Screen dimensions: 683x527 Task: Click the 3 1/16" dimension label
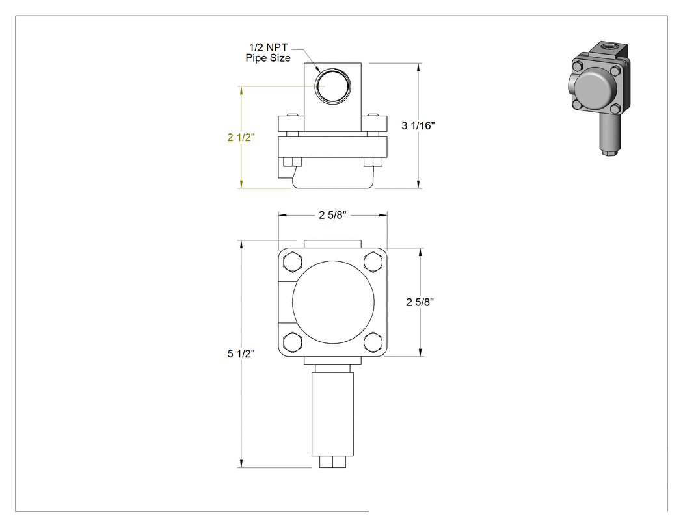pyautogui.click(x=418, y=126)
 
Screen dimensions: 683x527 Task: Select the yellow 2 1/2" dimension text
pyautogui.click(x=241, y=137)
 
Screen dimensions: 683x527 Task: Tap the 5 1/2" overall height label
pyautogui.click(x=241, y=353)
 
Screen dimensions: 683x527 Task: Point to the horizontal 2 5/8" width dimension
pyautogui.click(x=333, y=215)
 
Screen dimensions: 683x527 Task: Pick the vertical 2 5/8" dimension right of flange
pyautogui.click(x=420, y=302)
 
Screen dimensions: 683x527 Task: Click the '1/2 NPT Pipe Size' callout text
pyautogui.click(x=268, y=53)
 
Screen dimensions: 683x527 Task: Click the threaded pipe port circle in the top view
pyautogui.click(x=332, y=86)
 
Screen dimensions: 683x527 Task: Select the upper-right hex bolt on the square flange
pyautogui.click(x=373, y=262)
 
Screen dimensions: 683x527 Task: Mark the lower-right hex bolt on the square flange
pyautogui.click(x=373, y=342)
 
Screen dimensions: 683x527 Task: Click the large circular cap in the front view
pyautogui.click(x=333, y=302)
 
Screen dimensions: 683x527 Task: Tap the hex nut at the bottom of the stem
pyautogui.click(x=333, y=462)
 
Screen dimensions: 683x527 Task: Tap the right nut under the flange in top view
pyautogui.click(x=373, y=162)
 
